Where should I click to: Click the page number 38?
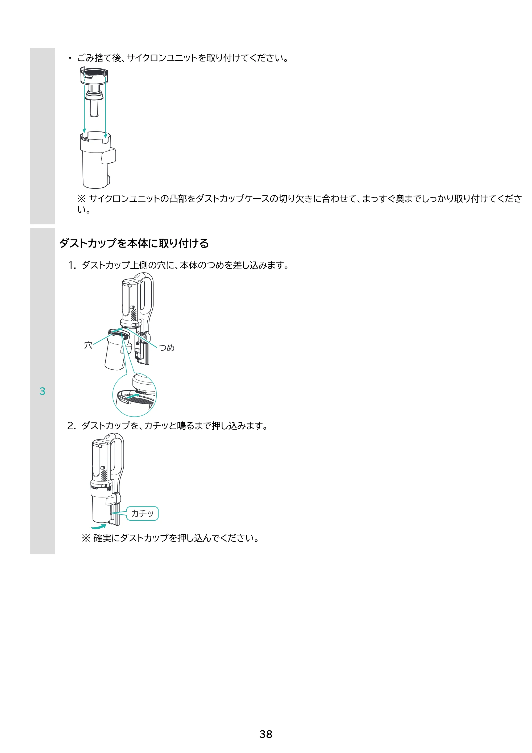[265, 734]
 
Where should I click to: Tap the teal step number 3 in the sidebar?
[42, 391]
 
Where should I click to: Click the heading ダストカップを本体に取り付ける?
[134, 243]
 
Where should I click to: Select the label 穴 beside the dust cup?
[88, 345]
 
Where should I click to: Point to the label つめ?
[167, 348]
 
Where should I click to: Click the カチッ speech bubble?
[142, 513]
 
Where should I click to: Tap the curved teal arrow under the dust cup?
[99, 526]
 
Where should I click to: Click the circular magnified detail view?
[134, 395]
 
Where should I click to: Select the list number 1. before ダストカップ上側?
[72, 265]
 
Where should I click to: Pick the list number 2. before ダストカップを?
[72, 426]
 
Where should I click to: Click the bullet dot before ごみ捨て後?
[69, 58]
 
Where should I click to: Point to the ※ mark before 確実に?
[86, 538]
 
